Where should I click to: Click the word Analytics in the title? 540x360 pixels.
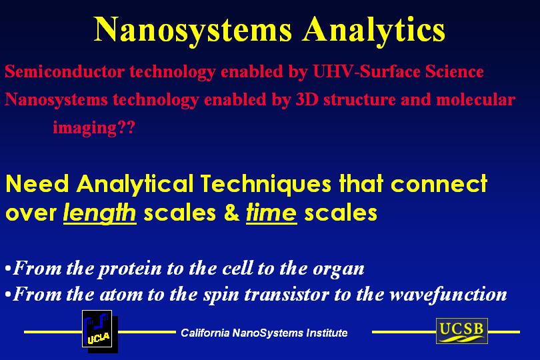click(374, 31)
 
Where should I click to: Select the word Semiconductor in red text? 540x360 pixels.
click(65, 71)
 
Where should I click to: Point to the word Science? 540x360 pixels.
click(455, 71)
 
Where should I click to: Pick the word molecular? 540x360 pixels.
click(475, 99)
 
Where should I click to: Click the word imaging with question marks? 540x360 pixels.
click(94, 128)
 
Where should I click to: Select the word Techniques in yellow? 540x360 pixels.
click(265, 183)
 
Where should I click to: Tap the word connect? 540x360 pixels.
click(439, 183)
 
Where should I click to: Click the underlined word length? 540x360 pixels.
click(100, 213)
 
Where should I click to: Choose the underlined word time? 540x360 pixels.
click(271, 213)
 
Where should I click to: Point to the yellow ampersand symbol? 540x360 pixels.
click(231, 213)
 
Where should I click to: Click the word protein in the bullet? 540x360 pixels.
click(130, 269)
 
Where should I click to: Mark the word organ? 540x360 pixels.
click(339, 269)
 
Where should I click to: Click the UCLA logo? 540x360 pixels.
click(97, 330)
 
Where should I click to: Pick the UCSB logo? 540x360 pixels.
click(462, 331)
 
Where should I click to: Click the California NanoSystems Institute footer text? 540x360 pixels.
click(264, 333)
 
